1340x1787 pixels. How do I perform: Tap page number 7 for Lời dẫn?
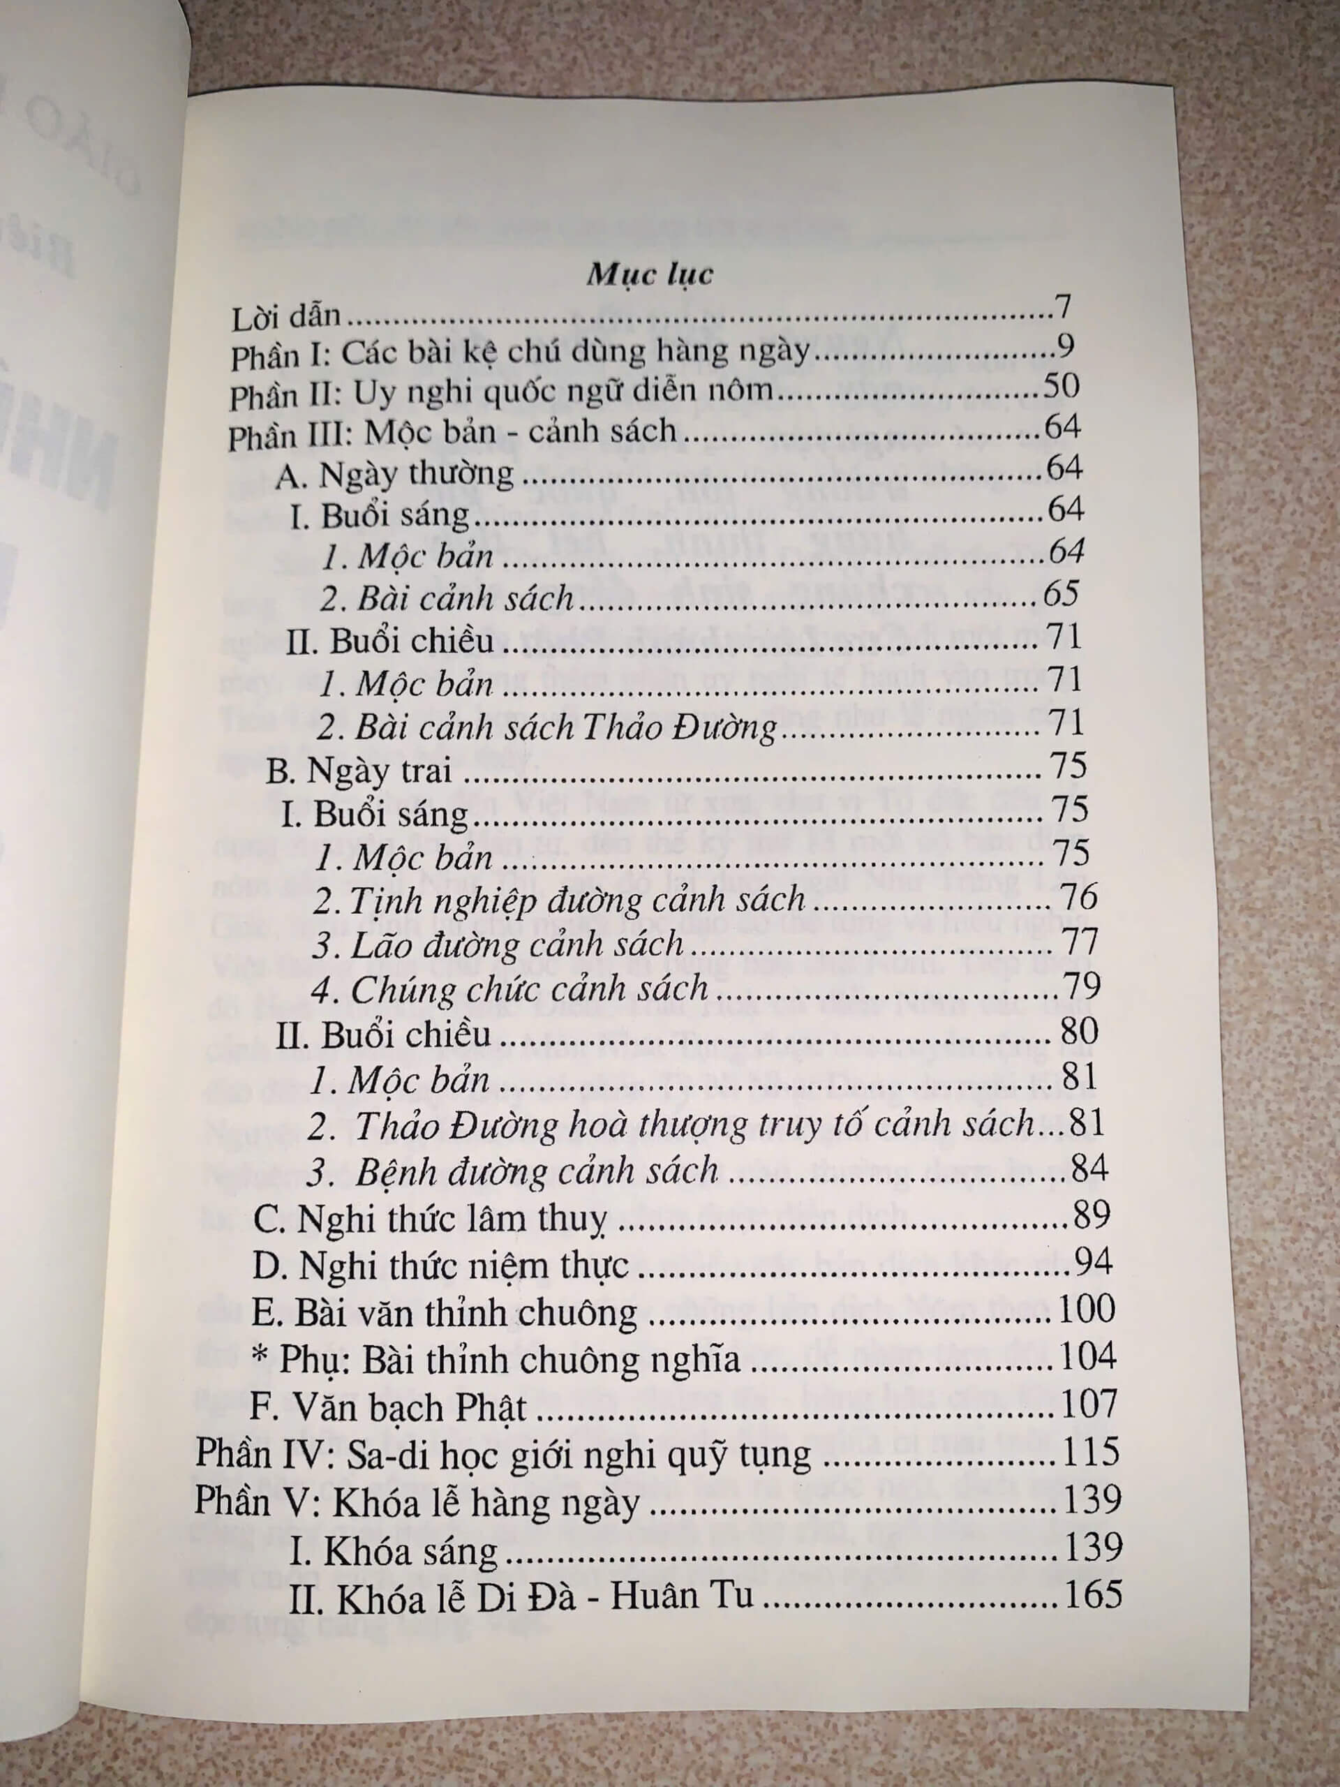(x=1062, y=308)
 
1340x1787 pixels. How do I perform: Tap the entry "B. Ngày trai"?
(x=359, y=771)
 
